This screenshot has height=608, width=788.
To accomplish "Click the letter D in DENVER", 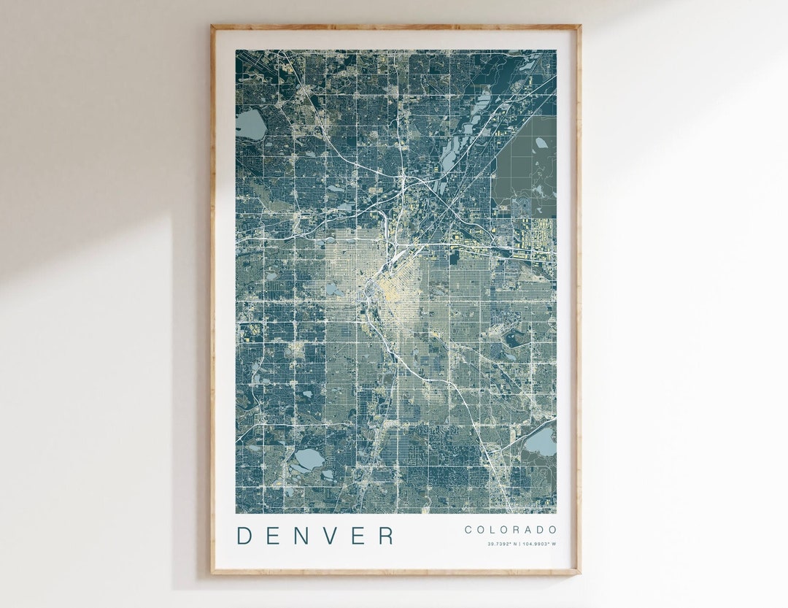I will tap(244, 535).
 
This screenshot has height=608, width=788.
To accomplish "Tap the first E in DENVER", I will tap(275, 535).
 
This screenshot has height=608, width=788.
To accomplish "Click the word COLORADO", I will tap(511, 530).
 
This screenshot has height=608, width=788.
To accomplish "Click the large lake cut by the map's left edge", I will tap(250, 125).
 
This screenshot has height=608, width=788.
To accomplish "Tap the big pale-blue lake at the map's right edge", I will tap(541, 442).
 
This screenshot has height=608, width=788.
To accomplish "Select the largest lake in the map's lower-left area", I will tap(307, 459).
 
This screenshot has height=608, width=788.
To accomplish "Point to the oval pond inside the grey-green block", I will tap(541, 143).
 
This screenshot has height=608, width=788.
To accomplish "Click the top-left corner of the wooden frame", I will tap(212, 26).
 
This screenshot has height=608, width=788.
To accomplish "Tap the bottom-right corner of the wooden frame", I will tap(579, 573).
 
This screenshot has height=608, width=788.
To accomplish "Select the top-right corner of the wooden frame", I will tap(579, 26).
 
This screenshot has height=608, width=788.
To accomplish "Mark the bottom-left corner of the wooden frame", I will tap(212, 573).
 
